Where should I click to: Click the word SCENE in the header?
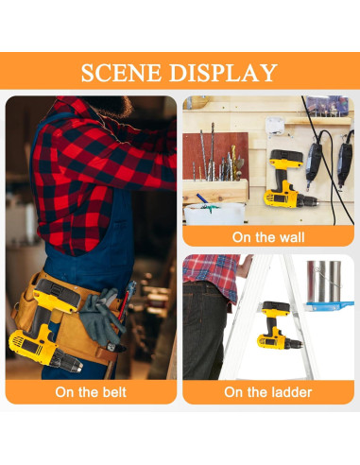[x=123, y=73]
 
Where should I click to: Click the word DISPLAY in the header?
[x=223, y=73]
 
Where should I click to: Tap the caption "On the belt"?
[x=91, y=392]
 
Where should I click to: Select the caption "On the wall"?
[x=268, y=237]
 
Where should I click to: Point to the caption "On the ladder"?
[x=268, y=392]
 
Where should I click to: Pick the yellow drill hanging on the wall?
[x=289, y=179]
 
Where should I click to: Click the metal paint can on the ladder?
[x=324, y=281]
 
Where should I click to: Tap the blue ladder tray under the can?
[x=328, y=305]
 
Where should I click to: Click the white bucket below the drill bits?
[x=214, y=214]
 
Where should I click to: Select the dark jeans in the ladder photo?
[x=203, y=331]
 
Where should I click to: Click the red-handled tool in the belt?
[x=124, y=303]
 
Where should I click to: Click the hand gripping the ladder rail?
[x=245, y=267]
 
